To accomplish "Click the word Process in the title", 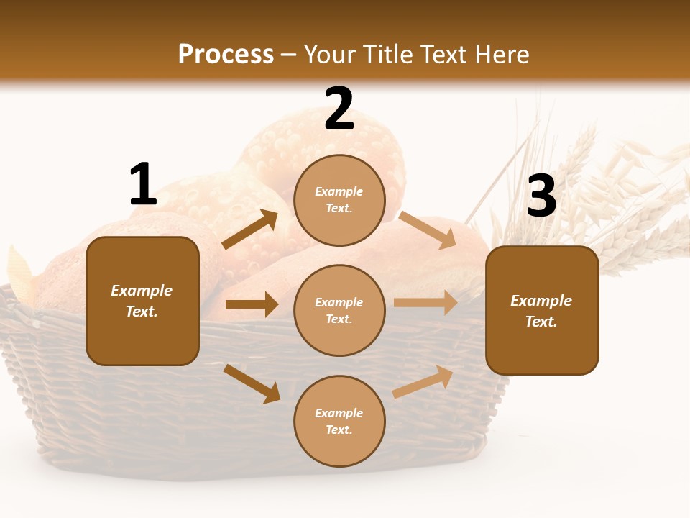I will (226, 55).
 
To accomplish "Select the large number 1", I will (143, 184).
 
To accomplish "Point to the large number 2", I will (339, 109).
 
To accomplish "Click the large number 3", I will (541, 196).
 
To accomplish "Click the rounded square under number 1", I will (142, 301).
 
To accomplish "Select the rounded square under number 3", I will (542, 310).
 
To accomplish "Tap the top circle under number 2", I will (339, 200).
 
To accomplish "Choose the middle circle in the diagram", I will (339, 310).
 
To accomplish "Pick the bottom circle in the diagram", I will (339, 421).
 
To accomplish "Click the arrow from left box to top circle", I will (250, 230).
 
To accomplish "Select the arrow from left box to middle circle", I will (252, 304).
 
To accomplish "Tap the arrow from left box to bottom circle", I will (252, 383).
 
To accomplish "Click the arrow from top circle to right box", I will (428, 230).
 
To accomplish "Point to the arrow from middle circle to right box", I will (425, 303).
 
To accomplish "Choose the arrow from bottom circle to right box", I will (423, 382).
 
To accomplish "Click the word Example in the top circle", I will (339, 191).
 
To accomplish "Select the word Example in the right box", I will (541, 301).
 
